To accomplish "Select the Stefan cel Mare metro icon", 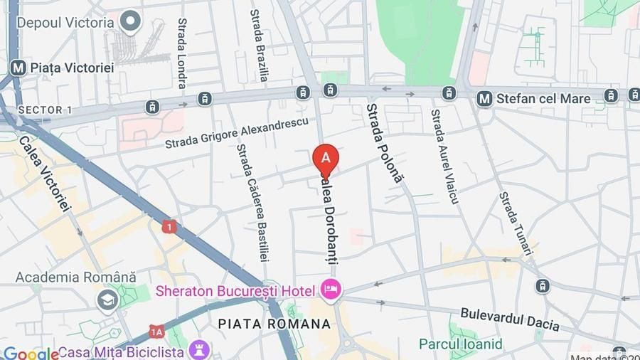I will coord(485,99).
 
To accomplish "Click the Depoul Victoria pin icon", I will coord(130,22).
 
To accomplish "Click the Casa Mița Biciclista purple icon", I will coord(199,351).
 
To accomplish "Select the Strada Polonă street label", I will coord(384,143).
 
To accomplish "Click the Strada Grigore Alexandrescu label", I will coord(237,132).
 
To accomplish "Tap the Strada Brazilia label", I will coord(259,45).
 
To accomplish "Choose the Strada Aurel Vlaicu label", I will coord(445,156).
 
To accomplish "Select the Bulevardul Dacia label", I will coord(510,319).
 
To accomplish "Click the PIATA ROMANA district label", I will coord(274,324).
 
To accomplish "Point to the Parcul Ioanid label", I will coord(460,344).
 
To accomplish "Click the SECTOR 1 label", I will coord(44,110).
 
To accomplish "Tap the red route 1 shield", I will coord(169,227).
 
